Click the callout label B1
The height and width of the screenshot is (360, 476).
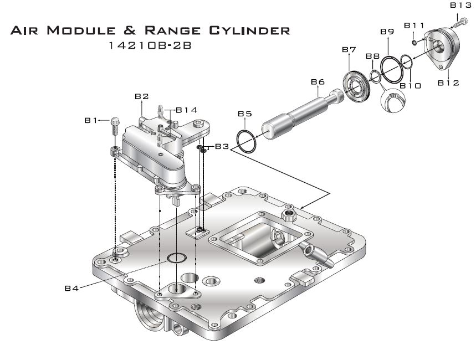[91, 120]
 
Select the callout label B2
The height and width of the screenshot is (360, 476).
[142, 96]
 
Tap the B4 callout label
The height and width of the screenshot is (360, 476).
[71, 287]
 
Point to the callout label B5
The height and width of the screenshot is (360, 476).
[245, 114]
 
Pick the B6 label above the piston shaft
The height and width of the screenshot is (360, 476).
[317, 82]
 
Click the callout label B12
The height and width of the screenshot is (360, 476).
[448, 83]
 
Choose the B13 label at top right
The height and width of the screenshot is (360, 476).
[460, 5]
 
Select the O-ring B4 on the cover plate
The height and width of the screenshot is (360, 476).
[177, 258]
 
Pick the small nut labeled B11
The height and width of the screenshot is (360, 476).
[414, 42]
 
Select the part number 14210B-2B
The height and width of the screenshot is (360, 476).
[150, 46]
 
